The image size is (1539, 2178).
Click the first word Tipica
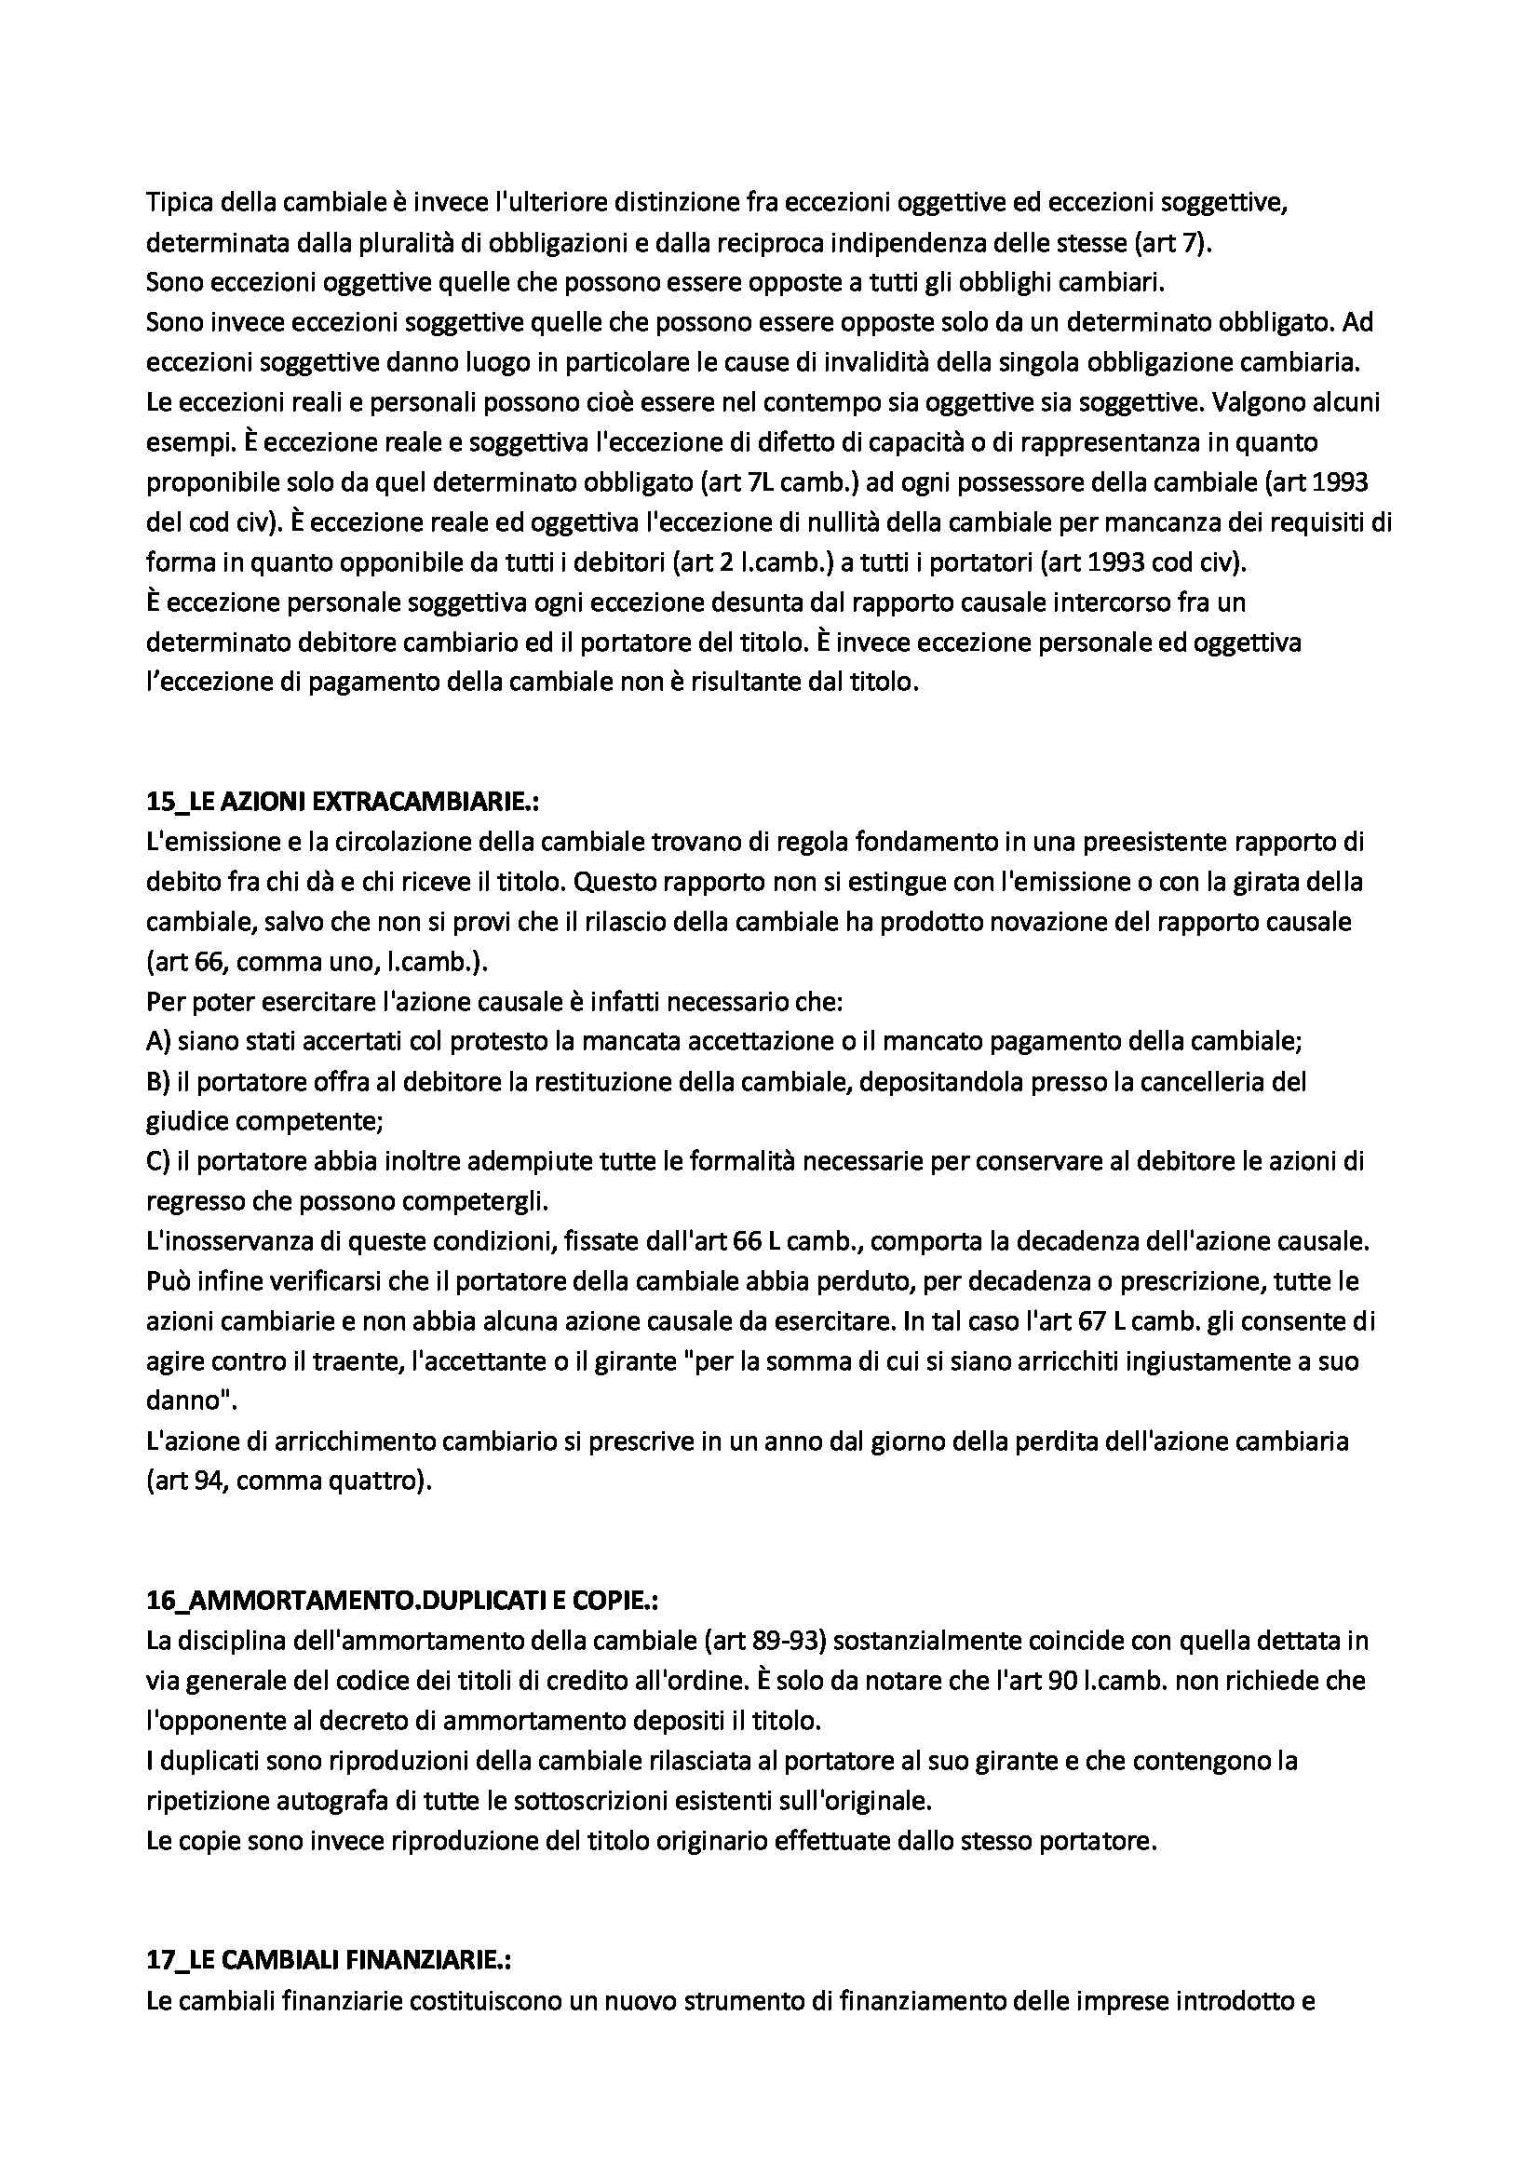click(x=176, y=202)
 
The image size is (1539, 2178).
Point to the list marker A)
click(x=158, y=1042)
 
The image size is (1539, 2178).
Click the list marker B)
click(x=158, y=1081)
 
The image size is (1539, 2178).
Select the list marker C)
click(x=157, y=1161)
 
